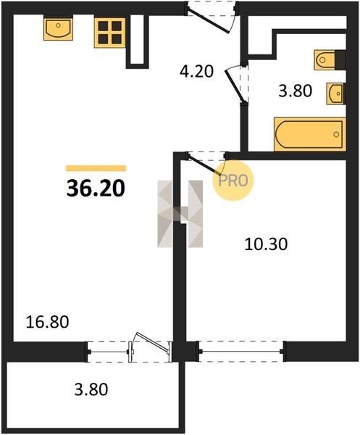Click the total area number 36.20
click(x=96, y=188)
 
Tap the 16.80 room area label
click(x=47, y=322)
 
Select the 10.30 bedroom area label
click(x=266, y=244)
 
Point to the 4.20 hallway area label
click(x=196, y=72)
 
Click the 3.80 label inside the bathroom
click(x=296, y=91)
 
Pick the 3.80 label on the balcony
click(x=91, y=389)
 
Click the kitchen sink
click(x=58, y=29)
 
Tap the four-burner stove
click(x=110, y=33)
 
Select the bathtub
click(x=310, y=135)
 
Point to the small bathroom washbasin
click(x=336, y=94)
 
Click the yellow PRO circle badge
click(x=233, y=181)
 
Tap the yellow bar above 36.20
click(x=96, y=168)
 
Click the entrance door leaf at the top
click(x=208, y=20)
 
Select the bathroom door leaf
click(x=235, y=86)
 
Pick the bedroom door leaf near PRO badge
click(x=204, y=165)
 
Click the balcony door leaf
click(x=153, y=342)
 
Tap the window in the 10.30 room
click(x=241, y=352)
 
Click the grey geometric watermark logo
click(x=180, y=214)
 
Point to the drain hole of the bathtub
click(x=336, y=135)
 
